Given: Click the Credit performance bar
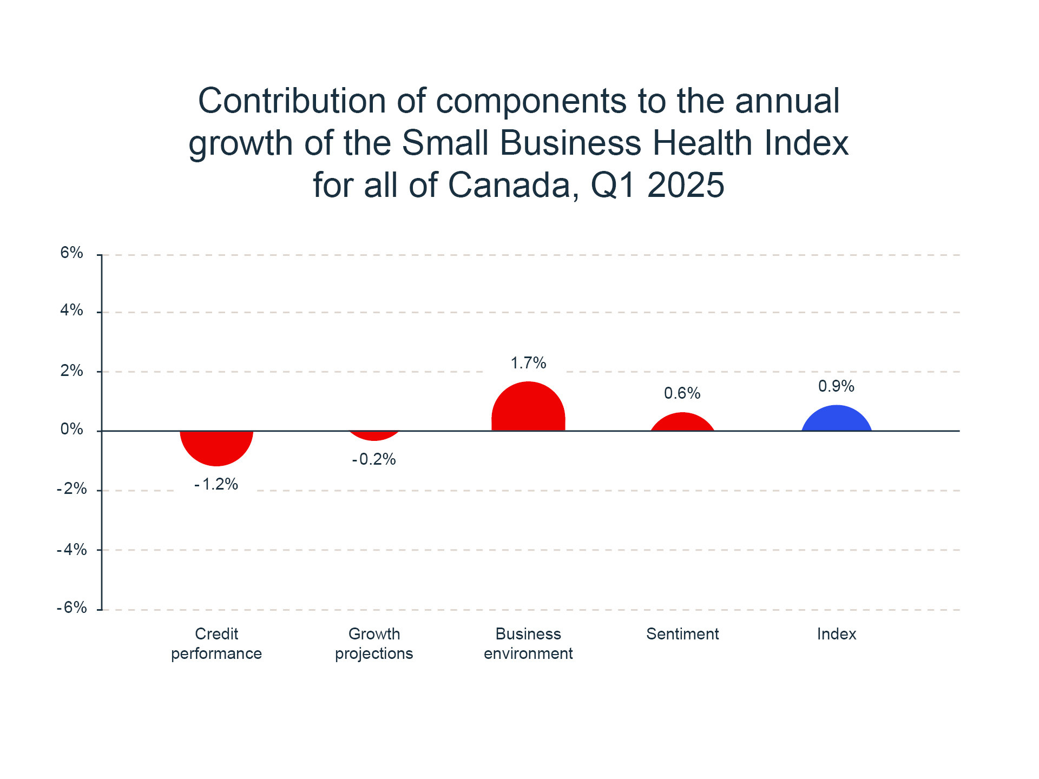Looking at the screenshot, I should click(216, 446).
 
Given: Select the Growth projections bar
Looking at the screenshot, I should click(374, 435).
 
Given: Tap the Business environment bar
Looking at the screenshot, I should click(528, 408).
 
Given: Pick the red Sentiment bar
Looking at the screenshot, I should click(682, 423).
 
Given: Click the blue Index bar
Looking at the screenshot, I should click(837, 419).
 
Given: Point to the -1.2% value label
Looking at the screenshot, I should click(216, 484).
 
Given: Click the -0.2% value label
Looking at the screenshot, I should click(374, 459).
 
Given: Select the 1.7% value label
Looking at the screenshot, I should click(528, 362).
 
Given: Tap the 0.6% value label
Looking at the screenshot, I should click(682, 393).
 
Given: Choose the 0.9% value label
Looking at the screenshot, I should click(837, 386).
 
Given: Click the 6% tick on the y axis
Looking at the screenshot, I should click(72, 253).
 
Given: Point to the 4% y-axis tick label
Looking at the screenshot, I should click(72, 310).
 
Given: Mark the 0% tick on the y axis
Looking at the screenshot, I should click(72, 429).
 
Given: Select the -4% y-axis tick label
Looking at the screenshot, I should click(72, 550).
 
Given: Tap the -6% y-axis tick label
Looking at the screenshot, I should click(72, 608).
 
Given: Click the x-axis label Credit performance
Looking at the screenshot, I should click(216, 644).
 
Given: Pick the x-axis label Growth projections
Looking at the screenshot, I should click(374, 644).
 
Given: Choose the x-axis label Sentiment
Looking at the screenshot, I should click(682, 634).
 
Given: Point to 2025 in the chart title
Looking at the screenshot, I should click(686, 185).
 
